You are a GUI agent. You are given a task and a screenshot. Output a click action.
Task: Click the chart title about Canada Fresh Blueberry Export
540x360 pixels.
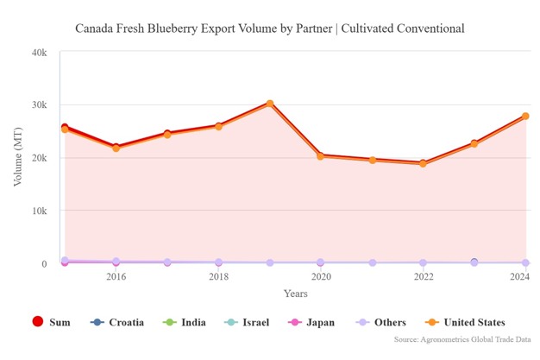[270, 28]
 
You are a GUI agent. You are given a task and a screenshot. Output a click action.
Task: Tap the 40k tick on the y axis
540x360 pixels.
[38, 53]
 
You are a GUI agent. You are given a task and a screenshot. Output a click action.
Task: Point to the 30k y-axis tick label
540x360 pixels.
[38, 105]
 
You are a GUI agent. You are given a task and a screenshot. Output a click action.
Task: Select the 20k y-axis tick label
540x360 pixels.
[38, 158]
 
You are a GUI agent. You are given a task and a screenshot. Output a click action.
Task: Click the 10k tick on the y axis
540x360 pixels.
[38, 211]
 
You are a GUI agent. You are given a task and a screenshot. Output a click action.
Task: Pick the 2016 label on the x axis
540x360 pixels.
[116, 277]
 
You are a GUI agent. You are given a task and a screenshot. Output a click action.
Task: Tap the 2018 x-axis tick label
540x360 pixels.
[219, 277]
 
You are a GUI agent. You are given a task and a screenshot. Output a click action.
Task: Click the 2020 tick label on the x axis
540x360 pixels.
[322, 277]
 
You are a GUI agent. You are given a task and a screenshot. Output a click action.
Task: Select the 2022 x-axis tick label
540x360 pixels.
[424, 277]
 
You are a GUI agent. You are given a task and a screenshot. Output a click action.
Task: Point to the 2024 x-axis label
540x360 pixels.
[519, 277]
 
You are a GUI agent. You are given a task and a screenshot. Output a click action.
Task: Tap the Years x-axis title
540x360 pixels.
[295, 294]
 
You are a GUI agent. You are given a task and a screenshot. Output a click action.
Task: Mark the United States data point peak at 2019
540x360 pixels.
[270, 104]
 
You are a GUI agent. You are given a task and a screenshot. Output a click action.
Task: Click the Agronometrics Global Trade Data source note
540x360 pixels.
[463, 340]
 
